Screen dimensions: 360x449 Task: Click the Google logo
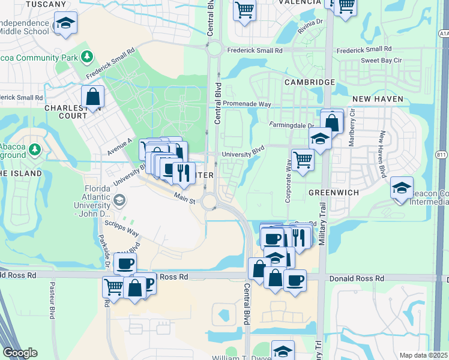point(20,353)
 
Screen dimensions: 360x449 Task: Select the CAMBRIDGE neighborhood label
point(309,82)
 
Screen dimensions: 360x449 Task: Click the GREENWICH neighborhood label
point(333,193)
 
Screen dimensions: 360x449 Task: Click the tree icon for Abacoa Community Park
point(88,56)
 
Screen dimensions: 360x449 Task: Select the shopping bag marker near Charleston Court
point(93,97)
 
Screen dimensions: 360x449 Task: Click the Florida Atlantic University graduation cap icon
point(119,199)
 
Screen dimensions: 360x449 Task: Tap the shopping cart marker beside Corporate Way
point(303,160)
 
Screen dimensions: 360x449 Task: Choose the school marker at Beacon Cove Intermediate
point(402,188)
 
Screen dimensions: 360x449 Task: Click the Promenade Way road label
point(247,104)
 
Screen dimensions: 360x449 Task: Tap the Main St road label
point(185,197)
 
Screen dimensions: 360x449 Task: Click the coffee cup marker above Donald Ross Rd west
point(125,263)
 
